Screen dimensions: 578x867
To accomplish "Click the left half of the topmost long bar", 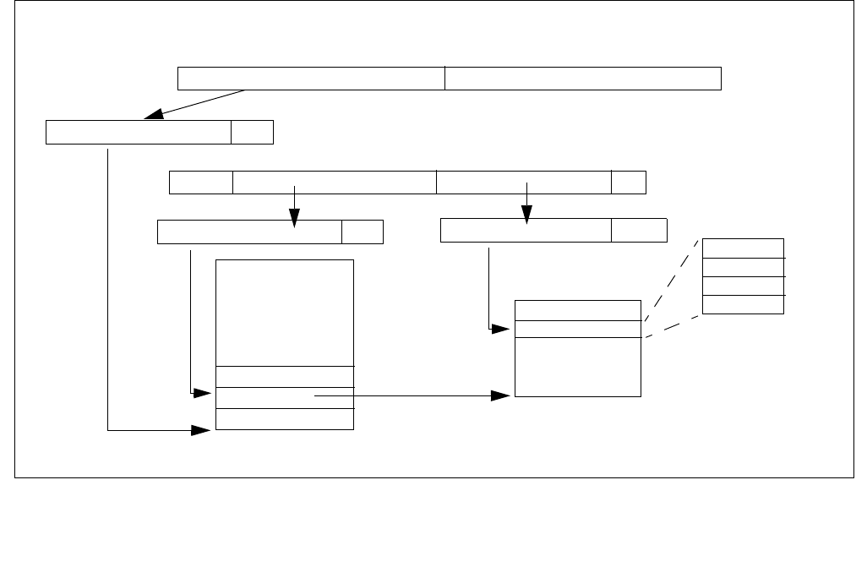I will click(311, 78).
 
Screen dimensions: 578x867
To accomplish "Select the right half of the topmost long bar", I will click(582, 78).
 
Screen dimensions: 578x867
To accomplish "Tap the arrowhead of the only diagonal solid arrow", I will click(153, 115).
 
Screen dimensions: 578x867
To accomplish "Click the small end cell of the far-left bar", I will click(252, 133).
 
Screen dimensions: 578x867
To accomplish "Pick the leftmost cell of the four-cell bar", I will click(200, 182).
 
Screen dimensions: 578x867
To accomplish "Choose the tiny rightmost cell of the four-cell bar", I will click(628, 182).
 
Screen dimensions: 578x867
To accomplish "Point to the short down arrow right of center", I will click(526, 215).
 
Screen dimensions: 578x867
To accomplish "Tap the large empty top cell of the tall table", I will click(285, 313).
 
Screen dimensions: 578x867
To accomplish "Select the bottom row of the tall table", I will click(285, 419).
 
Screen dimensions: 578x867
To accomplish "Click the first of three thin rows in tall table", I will click(285, 377).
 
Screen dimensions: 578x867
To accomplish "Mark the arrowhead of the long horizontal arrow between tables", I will click(503, 395).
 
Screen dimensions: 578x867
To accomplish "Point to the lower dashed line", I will click(673, 327).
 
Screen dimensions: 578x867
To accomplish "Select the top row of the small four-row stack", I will click(743, 248).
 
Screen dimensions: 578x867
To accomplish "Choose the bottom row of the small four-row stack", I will click(743, 304).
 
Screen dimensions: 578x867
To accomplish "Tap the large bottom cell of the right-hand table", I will click(577, 367).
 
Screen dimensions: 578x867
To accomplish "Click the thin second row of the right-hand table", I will click(577, 329).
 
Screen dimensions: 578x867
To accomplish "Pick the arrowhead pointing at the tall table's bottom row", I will click(203, 430).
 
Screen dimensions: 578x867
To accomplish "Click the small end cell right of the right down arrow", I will click(638, 230).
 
